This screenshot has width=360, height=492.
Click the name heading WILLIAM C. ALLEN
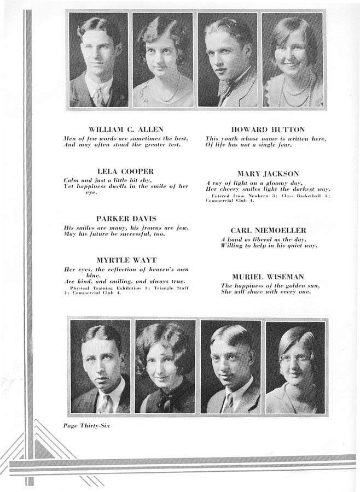click(x=126, y=130)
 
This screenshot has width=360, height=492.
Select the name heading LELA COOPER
click(x=125, y=171)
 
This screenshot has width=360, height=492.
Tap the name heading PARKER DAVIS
click(x=126, y=218)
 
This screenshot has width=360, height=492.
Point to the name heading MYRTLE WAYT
click(x=126, y=260)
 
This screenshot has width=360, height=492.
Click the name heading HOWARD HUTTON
click(x=268, y=130)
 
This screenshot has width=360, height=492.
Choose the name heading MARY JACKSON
click(x=268, y=174)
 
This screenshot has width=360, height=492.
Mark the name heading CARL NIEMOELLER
click(x=268, y=230)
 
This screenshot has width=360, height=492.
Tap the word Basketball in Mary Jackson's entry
click(x=310, y=195)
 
